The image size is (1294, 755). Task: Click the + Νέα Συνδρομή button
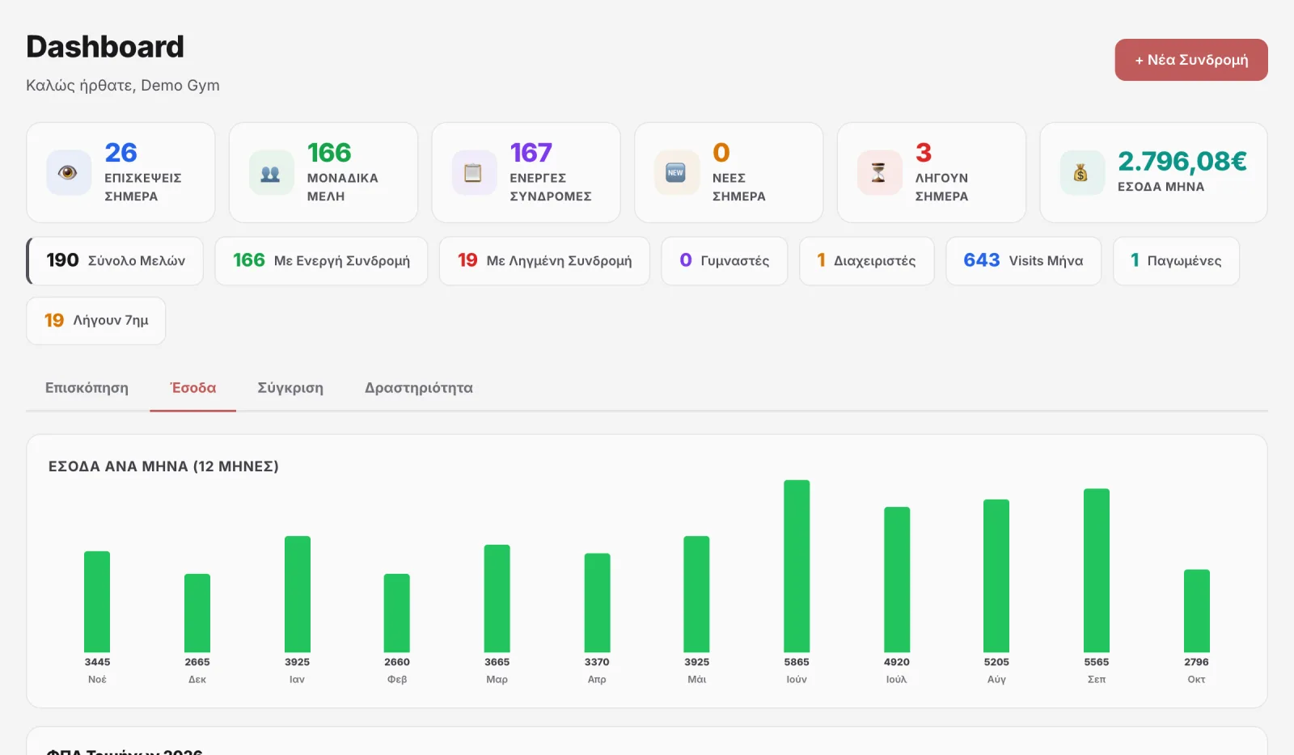pos(1191,60)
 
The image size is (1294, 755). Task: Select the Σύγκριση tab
pos(290,388)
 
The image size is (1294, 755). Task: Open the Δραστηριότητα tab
pos(418,388)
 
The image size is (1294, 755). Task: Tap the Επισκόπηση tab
pos(87,388)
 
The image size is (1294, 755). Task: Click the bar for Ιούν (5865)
pos(797,566)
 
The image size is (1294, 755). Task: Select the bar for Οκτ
pos(1196,610)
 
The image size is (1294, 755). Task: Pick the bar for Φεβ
pos(397,613)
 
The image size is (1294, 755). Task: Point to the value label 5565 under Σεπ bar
pos(1097,662)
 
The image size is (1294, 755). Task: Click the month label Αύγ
pos(996,679)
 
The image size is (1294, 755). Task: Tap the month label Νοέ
pos(97,679)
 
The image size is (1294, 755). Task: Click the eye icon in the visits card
pos(68,173)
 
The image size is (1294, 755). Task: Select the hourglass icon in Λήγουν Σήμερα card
pos(878,173)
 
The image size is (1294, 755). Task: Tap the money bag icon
pos(1080,173)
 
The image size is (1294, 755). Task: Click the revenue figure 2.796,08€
pos(1182,161)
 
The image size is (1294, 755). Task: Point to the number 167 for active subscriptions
pos(531,153)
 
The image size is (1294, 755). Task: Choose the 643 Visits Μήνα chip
pos(1023,260)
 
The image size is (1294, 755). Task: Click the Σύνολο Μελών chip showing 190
pos(115,260)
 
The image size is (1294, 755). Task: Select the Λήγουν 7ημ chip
pos(96,320)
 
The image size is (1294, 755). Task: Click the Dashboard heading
pos(105,46)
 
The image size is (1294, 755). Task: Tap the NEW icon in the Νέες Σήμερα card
pos(675,173)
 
